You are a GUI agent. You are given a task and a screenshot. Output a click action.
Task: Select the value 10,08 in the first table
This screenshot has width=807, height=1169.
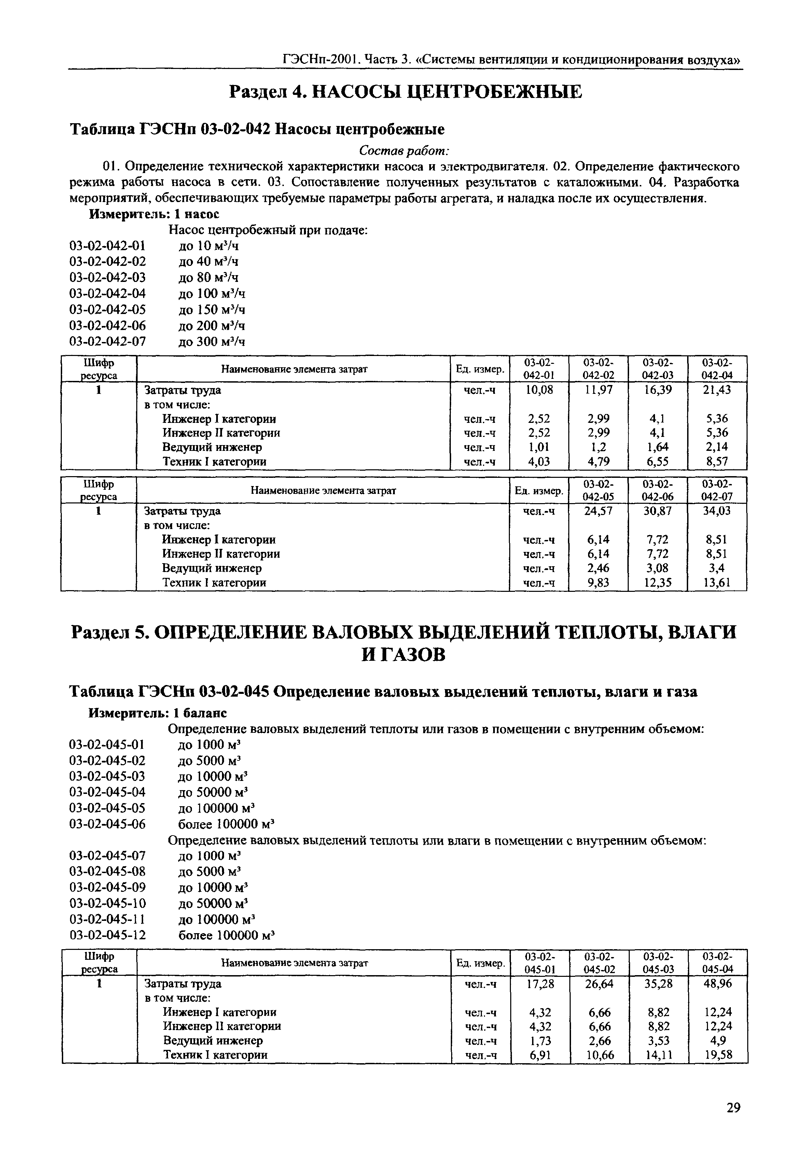(540, 389)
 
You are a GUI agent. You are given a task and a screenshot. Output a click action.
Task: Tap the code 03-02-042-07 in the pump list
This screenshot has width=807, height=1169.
(107, 342)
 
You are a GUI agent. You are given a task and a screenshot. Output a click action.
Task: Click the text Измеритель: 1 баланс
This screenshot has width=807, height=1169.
(158, 713)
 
